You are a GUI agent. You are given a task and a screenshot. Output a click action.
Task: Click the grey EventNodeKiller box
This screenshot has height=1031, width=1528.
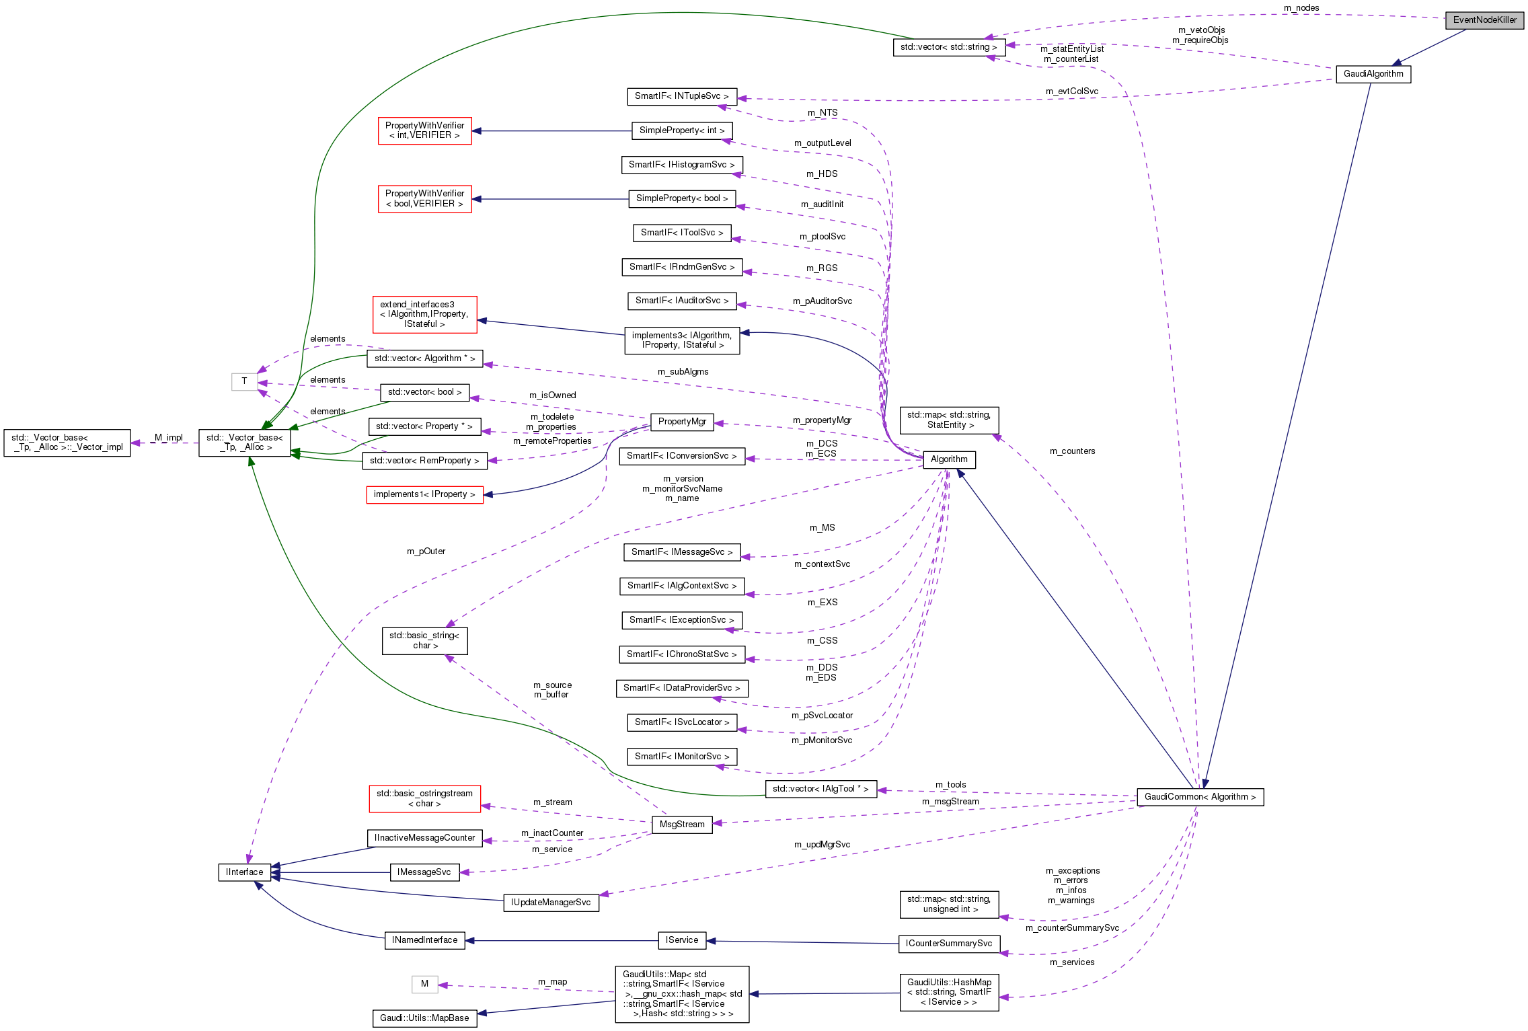click(x=1484, y=20)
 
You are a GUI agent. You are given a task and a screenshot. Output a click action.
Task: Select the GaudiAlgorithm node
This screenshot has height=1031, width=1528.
click(x=1373, y=74)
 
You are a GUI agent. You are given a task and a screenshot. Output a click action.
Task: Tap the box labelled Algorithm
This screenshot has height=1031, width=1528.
click(x=949, y=459)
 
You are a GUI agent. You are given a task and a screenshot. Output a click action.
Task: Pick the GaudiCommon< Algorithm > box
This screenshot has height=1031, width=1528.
click(x=1200, y=797)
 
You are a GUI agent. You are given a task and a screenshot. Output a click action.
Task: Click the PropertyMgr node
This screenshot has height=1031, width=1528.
click(x=682, y=422)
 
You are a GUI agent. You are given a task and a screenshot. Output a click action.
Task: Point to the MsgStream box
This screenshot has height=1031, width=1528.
click(x=682, y=825)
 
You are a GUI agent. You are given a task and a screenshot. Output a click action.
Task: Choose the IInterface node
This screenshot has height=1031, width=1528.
click(x=244, y=872)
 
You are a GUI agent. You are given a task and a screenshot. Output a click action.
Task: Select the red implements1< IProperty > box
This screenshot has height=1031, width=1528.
click(x=424, y=494)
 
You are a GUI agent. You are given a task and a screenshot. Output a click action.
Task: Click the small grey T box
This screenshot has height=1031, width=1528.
click(x=244, y=381)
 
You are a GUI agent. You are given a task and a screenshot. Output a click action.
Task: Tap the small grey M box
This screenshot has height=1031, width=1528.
click(x=424, y=984)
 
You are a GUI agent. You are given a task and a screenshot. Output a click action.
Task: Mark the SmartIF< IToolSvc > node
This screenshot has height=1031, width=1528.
click(x=681, y=233)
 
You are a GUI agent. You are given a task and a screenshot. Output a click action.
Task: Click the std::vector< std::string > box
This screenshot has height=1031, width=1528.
click(x=948, y=47)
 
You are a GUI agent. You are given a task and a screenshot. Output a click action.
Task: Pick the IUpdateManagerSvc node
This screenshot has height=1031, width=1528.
click(x=550, y=903)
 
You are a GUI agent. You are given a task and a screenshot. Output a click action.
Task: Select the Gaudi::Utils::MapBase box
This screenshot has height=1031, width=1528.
click(x=424, y=1018)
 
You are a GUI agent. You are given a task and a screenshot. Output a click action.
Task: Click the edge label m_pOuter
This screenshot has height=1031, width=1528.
click(x=426, y=551)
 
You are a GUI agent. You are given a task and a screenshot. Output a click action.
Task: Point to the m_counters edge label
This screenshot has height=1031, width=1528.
click(x=1072, y=451)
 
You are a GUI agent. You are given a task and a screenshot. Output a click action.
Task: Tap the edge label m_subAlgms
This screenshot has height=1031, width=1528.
click(x=683, y=372)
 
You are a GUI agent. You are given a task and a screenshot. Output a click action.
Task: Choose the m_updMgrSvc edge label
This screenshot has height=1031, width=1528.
click(x=822, y=845)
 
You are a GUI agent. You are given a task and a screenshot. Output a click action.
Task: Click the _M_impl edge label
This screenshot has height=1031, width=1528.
click(x=167, y=438)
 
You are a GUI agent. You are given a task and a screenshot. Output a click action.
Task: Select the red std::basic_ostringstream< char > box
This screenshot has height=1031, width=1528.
click(x=424, y=798)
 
